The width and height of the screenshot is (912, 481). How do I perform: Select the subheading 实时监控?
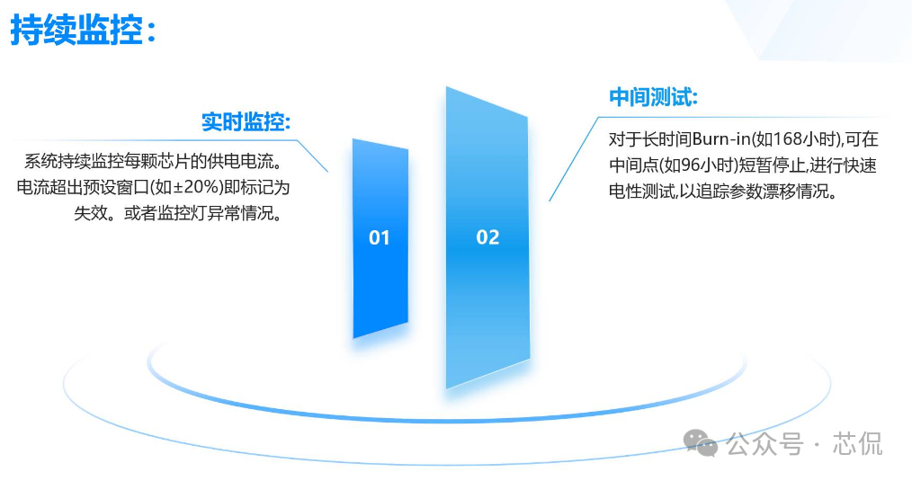pyautogui.click(x=246, y=121)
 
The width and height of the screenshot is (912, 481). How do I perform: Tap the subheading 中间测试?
pyautogui.click(x=653, y=96)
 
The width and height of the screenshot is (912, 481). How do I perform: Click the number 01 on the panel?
pyautogui.click(x=380, y=237)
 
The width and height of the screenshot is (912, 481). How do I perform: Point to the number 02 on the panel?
pyautogui.click(x=487, y=236)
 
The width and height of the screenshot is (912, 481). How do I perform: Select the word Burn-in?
pyautogui.click(x=720, y=139)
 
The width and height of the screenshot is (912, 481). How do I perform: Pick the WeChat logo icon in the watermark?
pyautogui.click(x=701, y=443)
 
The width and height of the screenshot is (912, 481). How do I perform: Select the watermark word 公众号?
pyautogui.click(x=764, y=444)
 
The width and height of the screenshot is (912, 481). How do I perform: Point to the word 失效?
pyautogui.click(x=91, y=213)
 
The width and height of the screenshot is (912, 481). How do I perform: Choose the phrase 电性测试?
pyautogui.click(x=642, y=192)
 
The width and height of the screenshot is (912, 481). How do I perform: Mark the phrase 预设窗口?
pyautogui.click(x=116, y=187)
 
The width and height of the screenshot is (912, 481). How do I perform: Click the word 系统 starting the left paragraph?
pyautogui.click(x=40, y=161)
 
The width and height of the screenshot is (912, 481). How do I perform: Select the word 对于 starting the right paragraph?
pyautogui.click(x=626, y=139)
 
